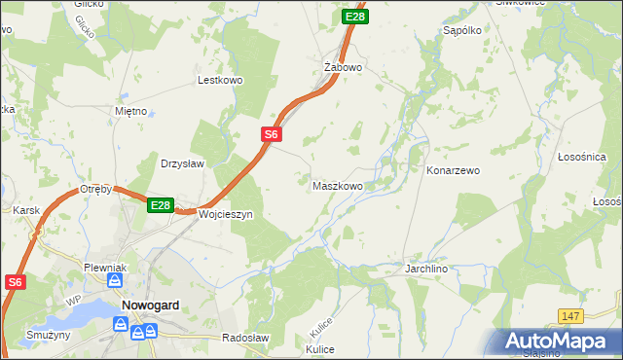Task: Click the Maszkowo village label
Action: pyautogui.click(x=337, y=185)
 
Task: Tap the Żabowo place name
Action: pyautogui.click(x=343, y=68)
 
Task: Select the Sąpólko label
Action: pyautogui.click(x=462, y=30)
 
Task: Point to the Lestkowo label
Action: pyautogui.click(x=219, y=80)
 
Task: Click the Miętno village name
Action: pyautogui.click(x=130, y=111)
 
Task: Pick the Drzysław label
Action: pyautogui.click(x=182, y=163)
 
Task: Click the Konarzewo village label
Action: pyautogui.click(x=453, y=170)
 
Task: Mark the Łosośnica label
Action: pyautogui.click(x=582, y=157)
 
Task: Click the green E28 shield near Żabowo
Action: pyautogui.click(x=355, y=17)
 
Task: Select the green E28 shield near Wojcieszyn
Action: pyautogui.click(x=161, y=205)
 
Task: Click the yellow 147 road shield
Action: pyautogui.click(x=571, y=316)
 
